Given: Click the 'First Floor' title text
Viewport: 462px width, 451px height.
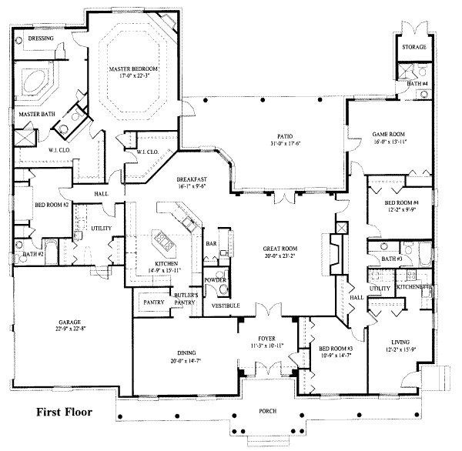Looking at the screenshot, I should [64, 413].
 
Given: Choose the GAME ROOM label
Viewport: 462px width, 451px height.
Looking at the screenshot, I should [380, 132].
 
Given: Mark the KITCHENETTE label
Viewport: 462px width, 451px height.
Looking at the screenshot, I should [413, 287].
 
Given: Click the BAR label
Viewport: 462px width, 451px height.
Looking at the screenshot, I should [209, 244].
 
